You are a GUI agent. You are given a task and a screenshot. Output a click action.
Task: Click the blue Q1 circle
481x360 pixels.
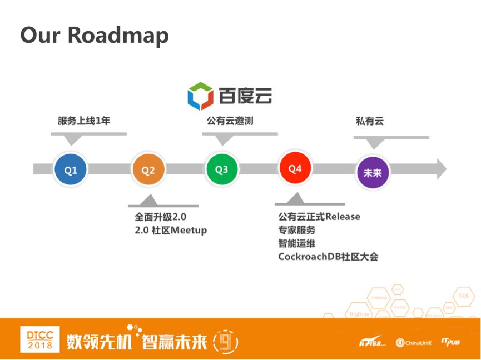pyautogui.click(x=71, y=170)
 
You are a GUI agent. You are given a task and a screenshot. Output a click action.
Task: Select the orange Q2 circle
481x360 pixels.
pyautogui.click(x=148, y=170)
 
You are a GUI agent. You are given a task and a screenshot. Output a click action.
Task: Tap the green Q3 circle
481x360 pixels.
pyautogui.click(x=221, y=169)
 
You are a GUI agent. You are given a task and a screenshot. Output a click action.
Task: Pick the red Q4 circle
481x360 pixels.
pyautogui.click(x=295, y=168)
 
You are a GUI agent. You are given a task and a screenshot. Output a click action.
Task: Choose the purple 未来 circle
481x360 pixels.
pyautogui.click(x=372, y=173)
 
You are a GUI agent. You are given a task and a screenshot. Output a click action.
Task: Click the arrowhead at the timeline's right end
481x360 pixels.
pyautogui.click(x=440, y=169)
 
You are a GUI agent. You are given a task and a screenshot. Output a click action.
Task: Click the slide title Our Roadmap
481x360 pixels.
pyautogui.click(x=95, y=35)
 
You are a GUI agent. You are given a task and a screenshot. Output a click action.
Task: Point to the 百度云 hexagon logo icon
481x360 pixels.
pyautogui.click(x=200, y=96)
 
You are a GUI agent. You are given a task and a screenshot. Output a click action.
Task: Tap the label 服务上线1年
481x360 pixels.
pyautogui.click(x=84, y=121)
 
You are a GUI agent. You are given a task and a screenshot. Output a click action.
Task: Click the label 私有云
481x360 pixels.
pyautogui.click(x=369, y=121)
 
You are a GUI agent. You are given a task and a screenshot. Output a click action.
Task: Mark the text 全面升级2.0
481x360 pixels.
pyautogui.click(x=160, y=217)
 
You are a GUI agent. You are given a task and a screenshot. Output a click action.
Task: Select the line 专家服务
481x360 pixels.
pyautogui.click(x=296, y=229)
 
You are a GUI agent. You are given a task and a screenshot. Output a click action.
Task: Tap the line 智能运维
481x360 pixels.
pyautogui.click(x=296, y=243)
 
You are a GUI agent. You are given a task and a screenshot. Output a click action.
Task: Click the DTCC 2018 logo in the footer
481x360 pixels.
pyautogui.click(x=39, y=339)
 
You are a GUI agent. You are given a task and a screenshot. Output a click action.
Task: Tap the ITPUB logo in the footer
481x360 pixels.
pyautogui.click(x=450, y=342)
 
